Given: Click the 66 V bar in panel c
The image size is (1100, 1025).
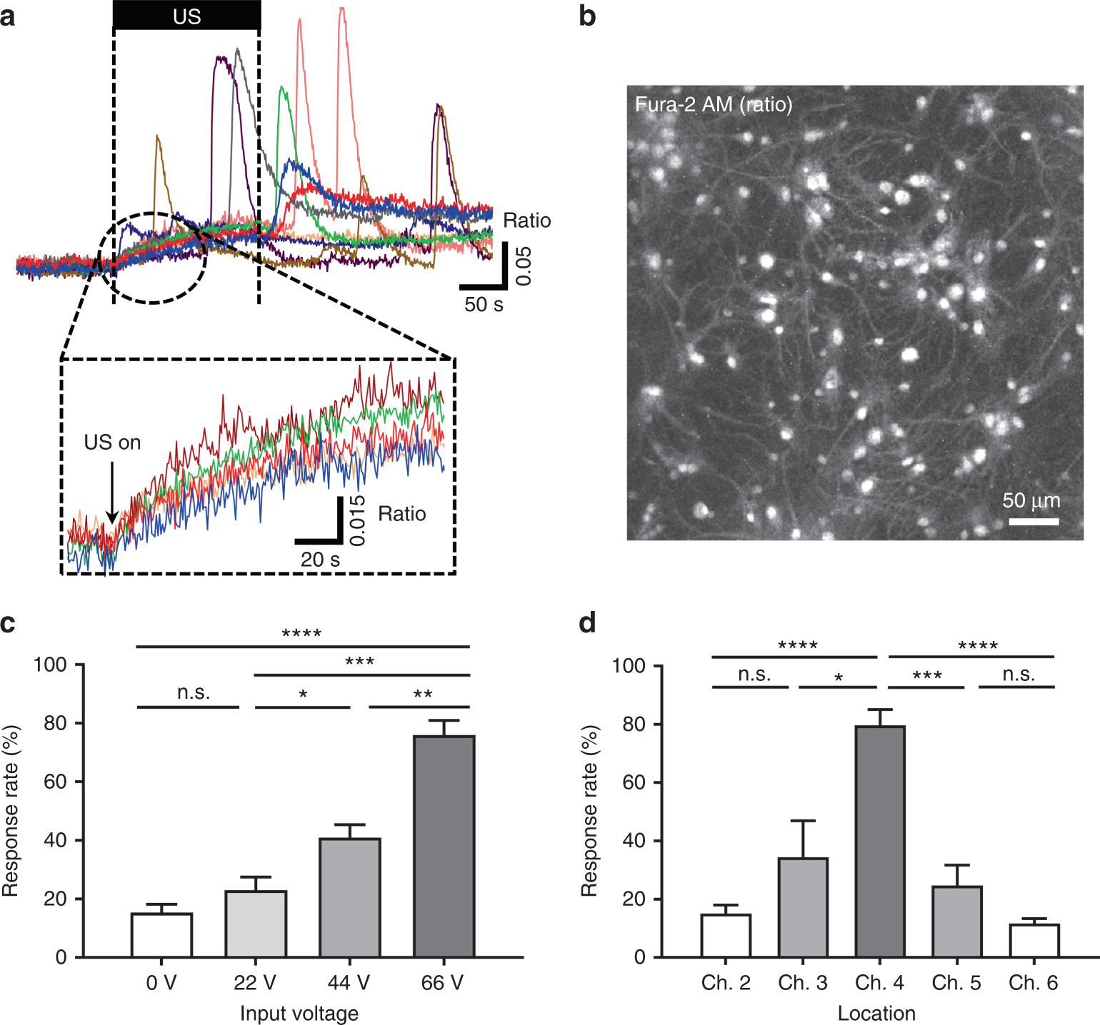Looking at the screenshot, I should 444,846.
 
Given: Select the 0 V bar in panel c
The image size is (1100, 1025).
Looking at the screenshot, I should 161,935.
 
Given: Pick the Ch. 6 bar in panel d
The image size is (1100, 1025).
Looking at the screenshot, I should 1034,940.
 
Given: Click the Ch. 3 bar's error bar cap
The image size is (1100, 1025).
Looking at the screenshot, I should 803,821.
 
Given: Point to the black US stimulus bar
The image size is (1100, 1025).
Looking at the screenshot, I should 186,16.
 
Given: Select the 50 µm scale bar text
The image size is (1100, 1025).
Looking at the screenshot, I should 1031,500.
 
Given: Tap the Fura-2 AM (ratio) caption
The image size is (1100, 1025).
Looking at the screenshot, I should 713,105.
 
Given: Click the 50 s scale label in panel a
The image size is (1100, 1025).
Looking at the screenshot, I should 484,305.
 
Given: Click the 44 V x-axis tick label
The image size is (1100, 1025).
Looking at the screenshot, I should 349,983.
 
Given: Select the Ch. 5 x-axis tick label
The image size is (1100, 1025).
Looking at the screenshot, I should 956,983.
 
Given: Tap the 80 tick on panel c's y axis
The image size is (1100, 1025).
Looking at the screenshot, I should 55,723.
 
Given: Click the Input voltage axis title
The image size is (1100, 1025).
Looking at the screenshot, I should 299,1013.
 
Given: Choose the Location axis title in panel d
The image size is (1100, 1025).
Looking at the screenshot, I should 876,1013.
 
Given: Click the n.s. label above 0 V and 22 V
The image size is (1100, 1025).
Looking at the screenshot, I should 194,692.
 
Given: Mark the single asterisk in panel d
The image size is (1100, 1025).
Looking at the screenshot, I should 839,677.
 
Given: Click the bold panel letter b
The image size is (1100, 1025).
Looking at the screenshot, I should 587,16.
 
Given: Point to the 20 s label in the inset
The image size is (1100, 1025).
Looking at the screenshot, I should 320,560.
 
